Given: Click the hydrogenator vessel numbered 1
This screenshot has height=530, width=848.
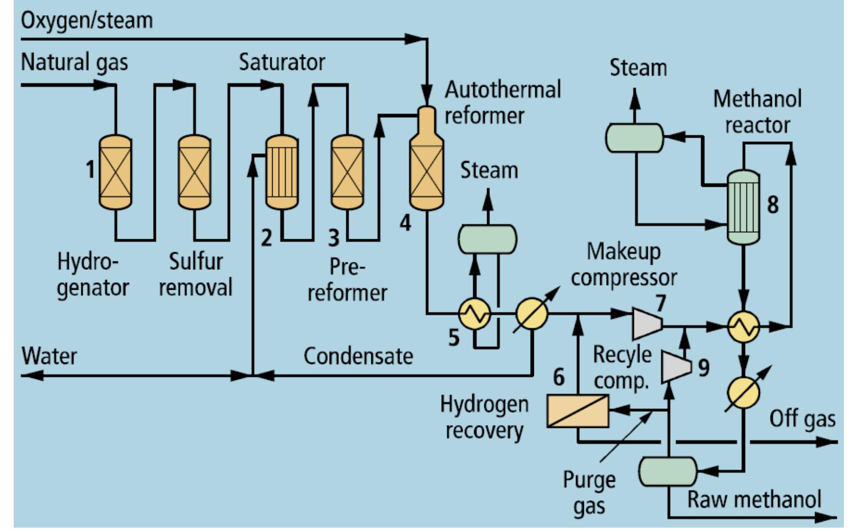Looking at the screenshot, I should tap(115, 172).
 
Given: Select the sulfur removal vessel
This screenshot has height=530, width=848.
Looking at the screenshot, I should tap(194, 172).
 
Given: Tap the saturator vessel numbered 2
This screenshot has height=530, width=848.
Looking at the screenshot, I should tap(282, 172).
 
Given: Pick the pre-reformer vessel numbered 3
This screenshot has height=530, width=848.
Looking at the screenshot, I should tap(347, 172).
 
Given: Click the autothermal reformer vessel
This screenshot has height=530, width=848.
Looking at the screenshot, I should tap(427, 165).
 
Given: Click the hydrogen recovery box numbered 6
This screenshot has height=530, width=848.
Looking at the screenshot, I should tap(577, 411).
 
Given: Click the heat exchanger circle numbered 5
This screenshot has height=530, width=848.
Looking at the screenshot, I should tap(475, 313).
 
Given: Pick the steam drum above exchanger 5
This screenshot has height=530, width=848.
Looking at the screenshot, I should tap(488, 239).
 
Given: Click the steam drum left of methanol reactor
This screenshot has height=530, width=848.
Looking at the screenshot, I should tap(634, 138).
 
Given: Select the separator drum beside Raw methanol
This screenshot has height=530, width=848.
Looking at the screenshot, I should tap(668, 471).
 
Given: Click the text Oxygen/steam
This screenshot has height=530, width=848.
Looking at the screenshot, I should tap(87, 21).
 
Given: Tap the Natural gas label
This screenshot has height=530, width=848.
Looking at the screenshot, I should tap(75, 62).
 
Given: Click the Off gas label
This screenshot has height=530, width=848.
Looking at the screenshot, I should tap(802, 419).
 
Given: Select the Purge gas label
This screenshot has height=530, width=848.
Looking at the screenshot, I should tap(589, 493).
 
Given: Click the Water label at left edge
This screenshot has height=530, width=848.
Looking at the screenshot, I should tap(49, 356).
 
